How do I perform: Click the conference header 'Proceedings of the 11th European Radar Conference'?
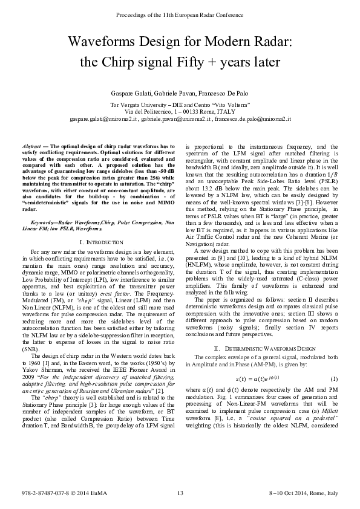pyautogui.click(x=180, y=13)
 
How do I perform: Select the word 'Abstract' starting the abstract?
pyautogui.click(x=31, y=147)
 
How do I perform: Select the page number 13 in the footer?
pyautogui.click(x=180, y=494)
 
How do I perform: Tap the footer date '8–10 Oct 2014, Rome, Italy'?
pyautogui.click(x=303, y=494)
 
